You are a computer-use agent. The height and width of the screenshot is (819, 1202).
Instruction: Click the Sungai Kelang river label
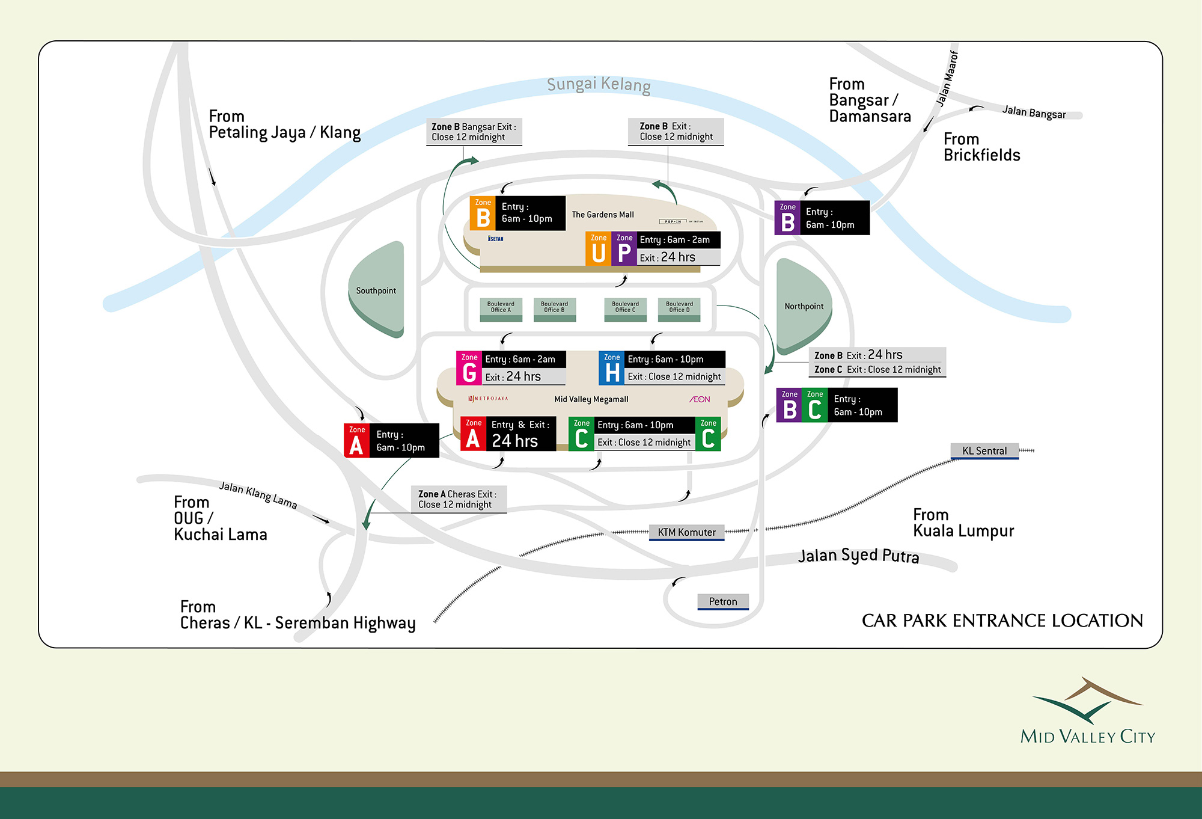pyautogui.click(x=599, y=85)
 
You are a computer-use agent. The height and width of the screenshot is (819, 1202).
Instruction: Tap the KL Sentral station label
pyautogui.click(x=984, y=451)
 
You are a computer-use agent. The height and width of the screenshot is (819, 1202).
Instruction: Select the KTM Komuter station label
pyautogui.click(x=686, y=532)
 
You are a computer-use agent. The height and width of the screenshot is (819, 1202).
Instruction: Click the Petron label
pyautogui.click(x=722, y=601)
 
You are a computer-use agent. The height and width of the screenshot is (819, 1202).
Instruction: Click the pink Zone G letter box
pyautogui.click(x=469, y=368)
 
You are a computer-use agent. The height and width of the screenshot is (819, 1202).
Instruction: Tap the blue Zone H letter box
pyautogui.click(x=611, y=368)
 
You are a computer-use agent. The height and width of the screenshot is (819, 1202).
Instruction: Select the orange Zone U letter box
pyautogui.click(x=598, y=249)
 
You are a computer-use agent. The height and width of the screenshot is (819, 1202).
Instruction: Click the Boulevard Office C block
pyautogui.click(x=625, y=308)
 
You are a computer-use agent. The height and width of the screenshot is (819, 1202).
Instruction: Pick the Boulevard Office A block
pyautogui.click(x=501, y=308)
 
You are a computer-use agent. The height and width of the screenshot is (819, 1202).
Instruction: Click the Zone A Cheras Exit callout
pyautogui.click(x=458, y=499)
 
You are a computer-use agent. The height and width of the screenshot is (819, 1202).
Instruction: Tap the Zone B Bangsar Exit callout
pyautogui.click(x=474, y=132)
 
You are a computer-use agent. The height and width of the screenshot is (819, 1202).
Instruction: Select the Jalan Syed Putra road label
pyautogui.click(x=858, y=556)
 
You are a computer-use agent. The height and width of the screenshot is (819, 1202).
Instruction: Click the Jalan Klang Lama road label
pyautogui.click(x=258, y=495)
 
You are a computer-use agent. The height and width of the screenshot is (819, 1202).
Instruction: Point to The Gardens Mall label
pyautogui.click(x=602, y=215)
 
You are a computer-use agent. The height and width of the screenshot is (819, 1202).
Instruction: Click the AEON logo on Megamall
pyautogui.click(x=700, y=399)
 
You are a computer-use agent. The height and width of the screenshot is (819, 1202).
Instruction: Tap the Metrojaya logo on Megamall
pyautogui.click(x=488, y=399)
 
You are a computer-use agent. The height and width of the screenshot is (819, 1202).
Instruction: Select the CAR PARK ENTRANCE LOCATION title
pyautogui.click(x=1002, y=621)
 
